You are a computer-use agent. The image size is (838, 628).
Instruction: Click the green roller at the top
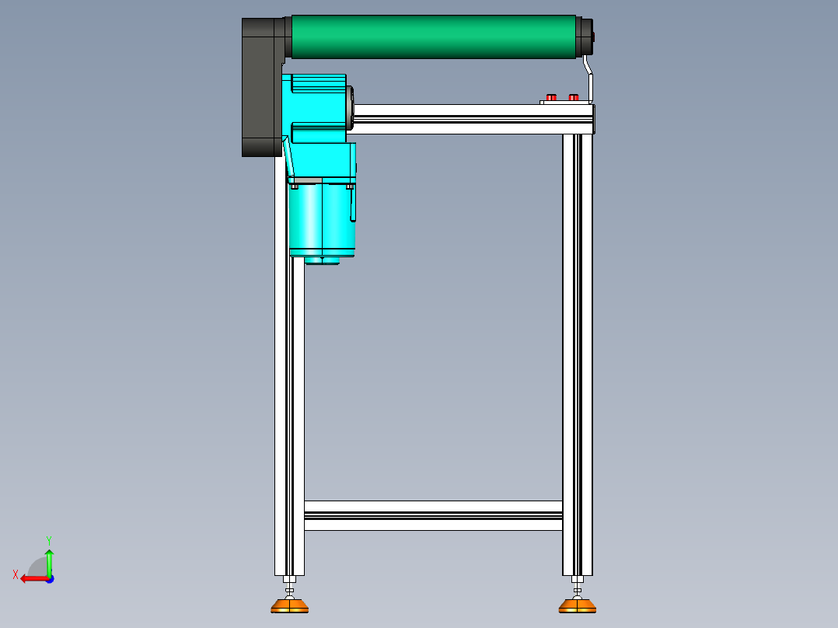[434, 37]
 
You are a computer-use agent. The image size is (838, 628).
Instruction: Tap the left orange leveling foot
[290, 605]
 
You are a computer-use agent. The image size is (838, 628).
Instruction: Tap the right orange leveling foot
[577, 605]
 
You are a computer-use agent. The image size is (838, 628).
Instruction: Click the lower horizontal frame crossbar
[434, 516]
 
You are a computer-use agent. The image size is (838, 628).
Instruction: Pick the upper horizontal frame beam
[473, 119]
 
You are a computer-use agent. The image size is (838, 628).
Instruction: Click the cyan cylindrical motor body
[323, 220]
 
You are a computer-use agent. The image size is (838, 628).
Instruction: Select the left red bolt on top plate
[551, 97]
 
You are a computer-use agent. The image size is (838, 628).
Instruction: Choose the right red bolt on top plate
[574, 97]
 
